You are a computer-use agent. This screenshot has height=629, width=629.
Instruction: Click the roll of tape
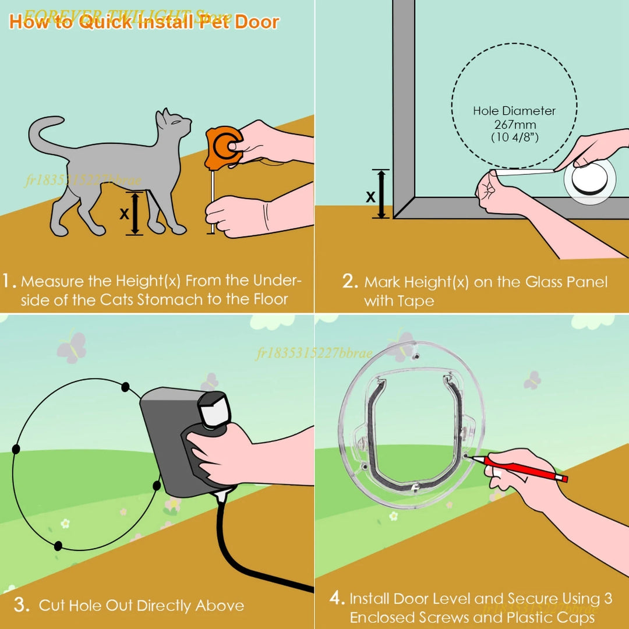tap(589, 181)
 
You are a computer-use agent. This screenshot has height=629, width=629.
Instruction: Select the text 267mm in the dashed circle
tap(515, 125)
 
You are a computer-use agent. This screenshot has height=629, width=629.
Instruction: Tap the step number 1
tap(9, 281)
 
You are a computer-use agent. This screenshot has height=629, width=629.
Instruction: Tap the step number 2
tap(349, 282)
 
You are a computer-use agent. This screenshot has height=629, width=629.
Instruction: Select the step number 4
tap(337, 599)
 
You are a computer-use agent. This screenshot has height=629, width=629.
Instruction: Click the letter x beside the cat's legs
tap(124, 214)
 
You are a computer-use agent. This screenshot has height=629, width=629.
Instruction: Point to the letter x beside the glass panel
tap(370, 196)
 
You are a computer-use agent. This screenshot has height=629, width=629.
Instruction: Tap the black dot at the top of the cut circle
tap(125, 386)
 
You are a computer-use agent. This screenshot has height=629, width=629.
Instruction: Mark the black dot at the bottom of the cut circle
tap(58, 546)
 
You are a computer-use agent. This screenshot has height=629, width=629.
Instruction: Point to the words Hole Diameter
tap(514, 111)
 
